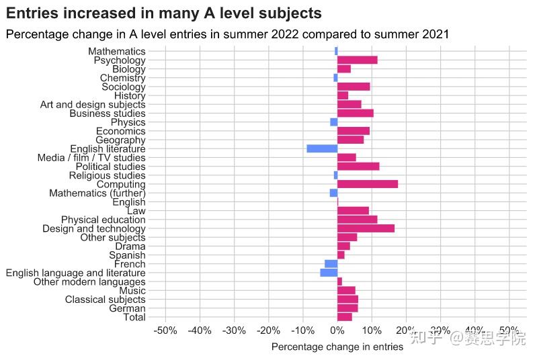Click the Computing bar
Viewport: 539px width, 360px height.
tap(367, 184)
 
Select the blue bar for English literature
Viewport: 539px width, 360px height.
tap(322, 148)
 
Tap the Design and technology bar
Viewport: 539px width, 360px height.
tap(366, 228)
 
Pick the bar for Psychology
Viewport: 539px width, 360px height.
tap(357, 60)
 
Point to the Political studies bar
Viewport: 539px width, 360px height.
tap(358, 166)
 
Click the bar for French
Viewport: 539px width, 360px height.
tap(331, 264)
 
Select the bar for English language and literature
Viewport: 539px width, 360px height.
tap(329, 273)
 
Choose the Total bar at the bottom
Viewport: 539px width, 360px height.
tap(344, 317)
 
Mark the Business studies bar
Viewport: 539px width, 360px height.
tap(355, 113)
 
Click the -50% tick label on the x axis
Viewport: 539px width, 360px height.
tap(165, 330)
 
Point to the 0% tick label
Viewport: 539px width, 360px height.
tap(337, 330)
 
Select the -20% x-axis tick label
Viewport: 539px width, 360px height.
tap(267, 330)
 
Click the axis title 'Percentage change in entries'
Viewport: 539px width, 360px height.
tap(337, 347)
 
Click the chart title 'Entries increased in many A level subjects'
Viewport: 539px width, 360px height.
tap(163, 13)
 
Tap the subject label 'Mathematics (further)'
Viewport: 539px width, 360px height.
tap(97, 193)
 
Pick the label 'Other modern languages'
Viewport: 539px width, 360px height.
tap(89, 282)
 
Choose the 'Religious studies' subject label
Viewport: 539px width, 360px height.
tap(107, 175)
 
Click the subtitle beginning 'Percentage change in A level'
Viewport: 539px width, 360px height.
tap(226, 34)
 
